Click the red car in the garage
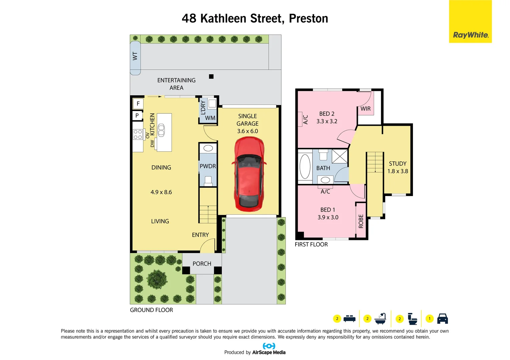click(249, 174)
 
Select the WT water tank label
click(135, 56)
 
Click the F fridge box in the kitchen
click(138, 104)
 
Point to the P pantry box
click(137, 116)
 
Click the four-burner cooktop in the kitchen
click(138, 134)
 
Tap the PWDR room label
click(207, 166)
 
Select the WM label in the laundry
click(210, 118)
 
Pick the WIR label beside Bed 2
click(366, 109)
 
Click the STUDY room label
click(398, 164)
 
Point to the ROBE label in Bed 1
click(361, 221)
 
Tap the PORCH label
click(202, 264)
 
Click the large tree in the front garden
click(157, 279)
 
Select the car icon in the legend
click(442, 319)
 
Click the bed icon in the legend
click(349, 319)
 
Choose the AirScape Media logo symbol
click(269, 346)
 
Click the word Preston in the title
click(309, 19)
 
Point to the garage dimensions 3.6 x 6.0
click(247, 131)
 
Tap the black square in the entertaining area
click(211, 77)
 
